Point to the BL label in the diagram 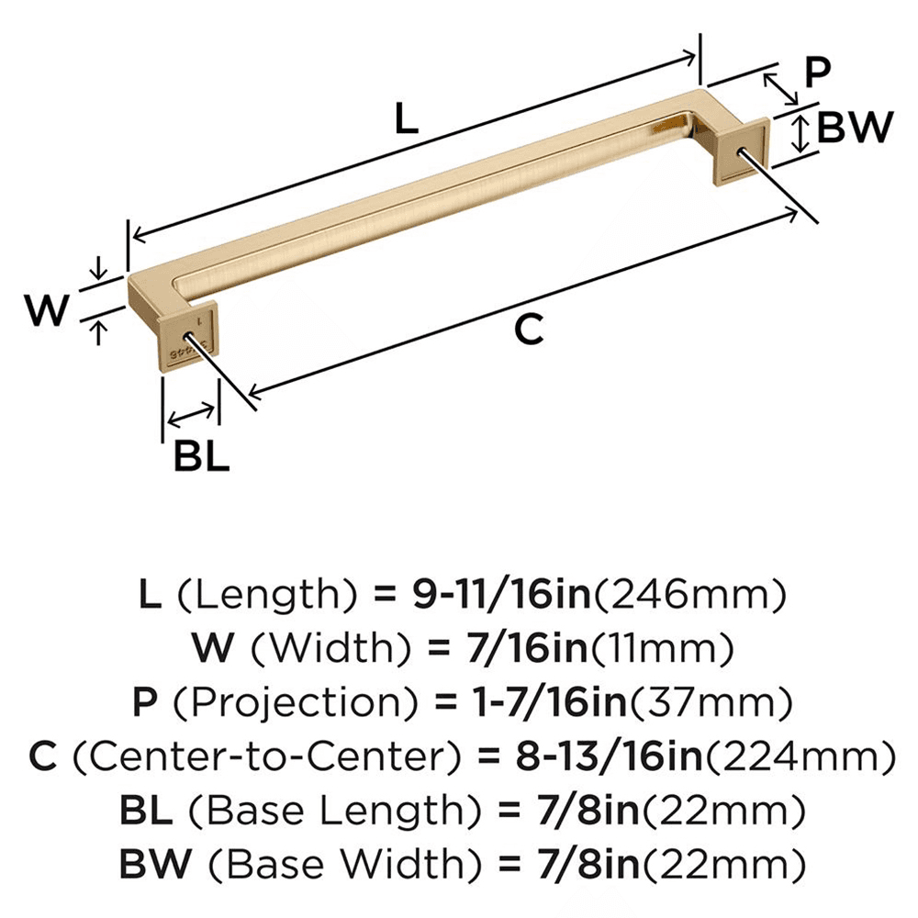201,456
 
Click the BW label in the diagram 854,128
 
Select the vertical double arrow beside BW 800,133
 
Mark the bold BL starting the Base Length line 144,812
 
